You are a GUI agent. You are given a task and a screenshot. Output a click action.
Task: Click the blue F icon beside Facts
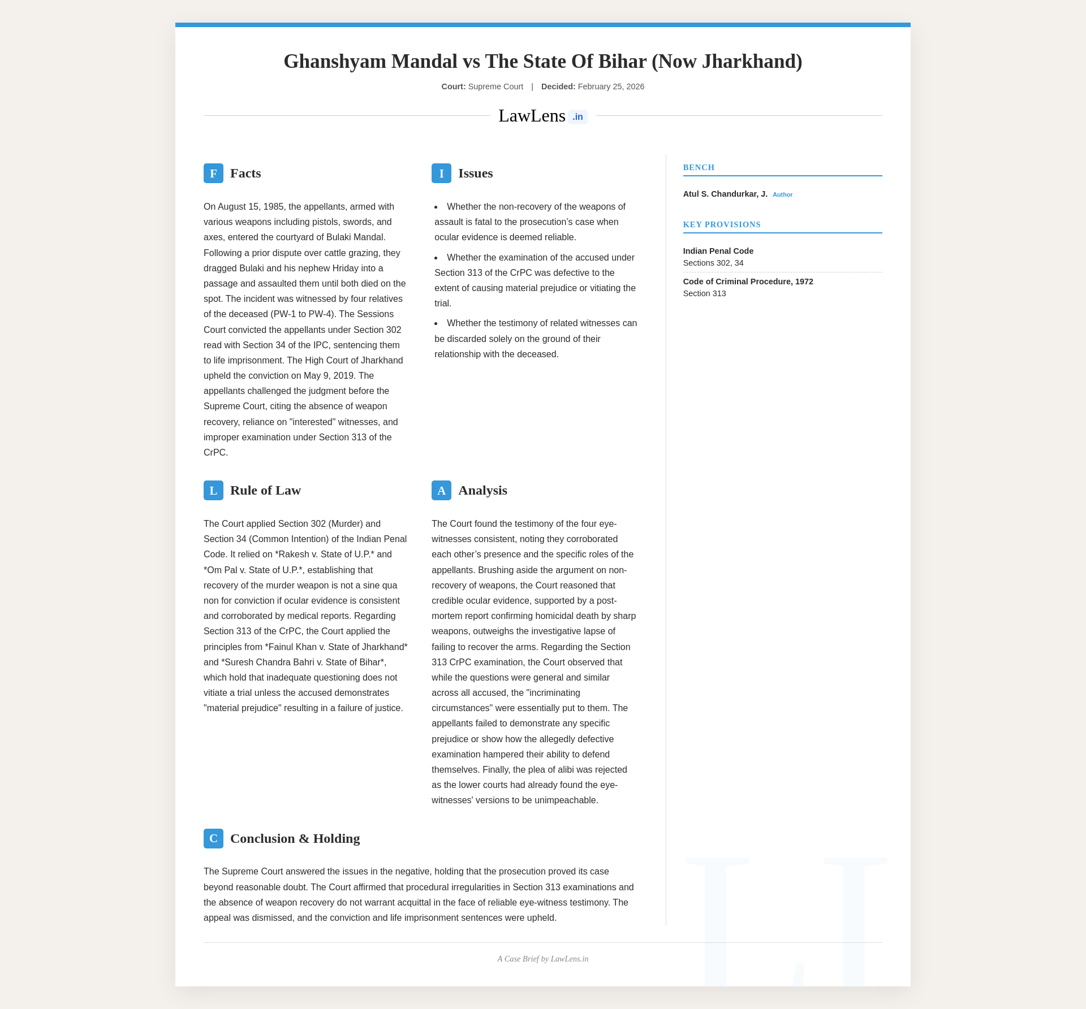tap(213, 174)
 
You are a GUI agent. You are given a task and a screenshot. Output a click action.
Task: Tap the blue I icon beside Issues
tap(441, 174)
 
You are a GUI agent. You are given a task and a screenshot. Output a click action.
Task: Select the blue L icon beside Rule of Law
tap(213, 491)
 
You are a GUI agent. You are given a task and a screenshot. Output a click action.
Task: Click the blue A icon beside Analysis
tap(441, 491)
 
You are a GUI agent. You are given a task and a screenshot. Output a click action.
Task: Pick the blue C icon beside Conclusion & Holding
tap(213, 839)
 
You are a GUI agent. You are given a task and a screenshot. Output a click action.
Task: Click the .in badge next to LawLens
tap(578, 117)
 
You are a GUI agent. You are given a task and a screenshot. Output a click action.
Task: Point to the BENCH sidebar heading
tap(699, 168)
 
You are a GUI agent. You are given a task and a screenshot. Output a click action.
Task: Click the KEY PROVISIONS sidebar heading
tap(722, 225)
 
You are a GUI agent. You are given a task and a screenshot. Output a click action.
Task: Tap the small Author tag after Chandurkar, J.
tap(782, 195)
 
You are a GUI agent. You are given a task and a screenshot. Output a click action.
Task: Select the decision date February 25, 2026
tap(611, 87)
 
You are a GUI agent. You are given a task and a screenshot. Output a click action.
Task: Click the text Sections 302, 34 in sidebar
tap(713, 263)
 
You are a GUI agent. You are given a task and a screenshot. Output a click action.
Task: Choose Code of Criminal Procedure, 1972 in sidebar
tap(748, 282)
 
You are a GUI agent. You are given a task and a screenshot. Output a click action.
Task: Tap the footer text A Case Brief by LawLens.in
tap(543, 959)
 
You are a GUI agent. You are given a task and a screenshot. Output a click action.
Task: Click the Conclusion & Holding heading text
tap(295, 839)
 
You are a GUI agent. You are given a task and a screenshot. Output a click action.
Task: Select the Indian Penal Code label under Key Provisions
tap(718, 252)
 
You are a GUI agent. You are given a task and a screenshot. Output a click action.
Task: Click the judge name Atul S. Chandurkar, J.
tap(725, 194)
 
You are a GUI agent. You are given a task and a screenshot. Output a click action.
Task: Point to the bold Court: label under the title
tap(454, 87)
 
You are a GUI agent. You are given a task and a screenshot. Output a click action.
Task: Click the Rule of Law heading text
tap(265, 491)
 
